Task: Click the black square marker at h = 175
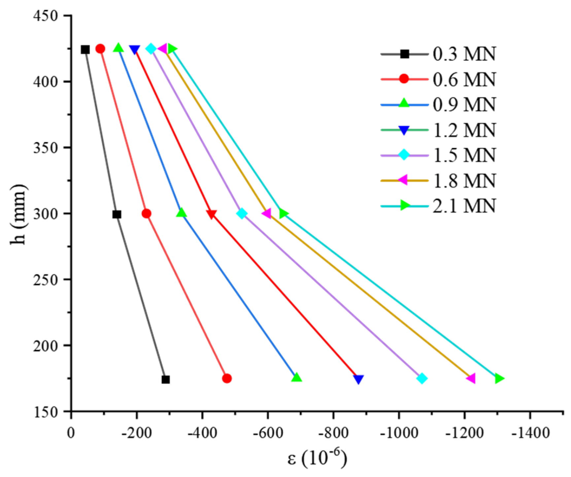point(166,380)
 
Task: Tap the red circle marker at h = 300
point(147,214)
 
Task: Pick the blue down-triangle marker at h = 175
point(358,379)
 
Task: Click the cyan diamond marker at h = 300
point(242,214)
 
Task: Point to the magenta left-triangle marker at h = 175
point(471,379)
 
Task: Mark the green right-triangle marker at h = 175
point(499,379)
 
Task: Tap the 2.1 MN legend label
point(464,206)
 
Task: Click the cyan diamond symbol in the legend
point(404,154)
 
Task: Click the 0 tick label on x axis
point(71,433)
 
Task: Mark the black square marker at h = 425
point(85,50)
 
